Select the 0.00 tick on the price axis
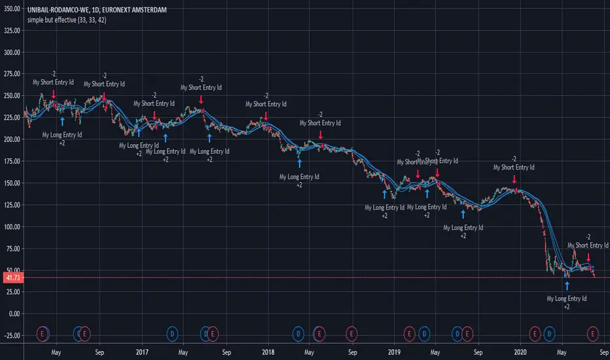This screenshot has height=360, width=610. click(x=14, y=314)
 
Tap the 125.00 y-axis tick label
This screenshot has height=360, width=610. click(x=12, y=205)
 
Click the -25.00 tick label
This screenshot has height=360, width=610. click(x=12, y=335)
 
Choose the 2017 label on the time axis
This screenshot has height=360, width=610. click(x=141, y=351)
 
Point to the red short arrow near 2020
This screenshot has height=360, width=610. click(x=514, y=178)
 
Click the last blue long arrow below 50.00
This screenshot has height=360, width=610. click(x=567, y=285)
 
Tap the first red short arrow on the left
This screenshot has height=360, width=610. click(x=54, y=94)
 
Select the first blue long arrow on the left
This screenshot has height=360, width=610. click(x=62, y=121)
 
